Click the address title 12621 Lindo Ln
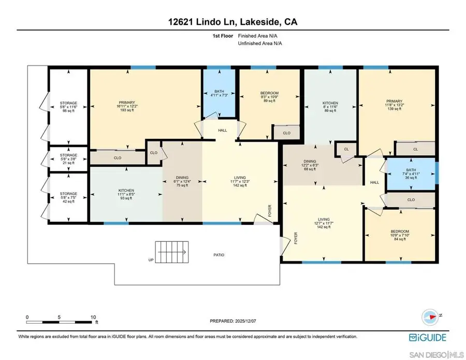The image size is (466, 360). point(232,22)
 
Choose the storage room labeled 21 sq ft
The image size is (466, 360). point(68,159)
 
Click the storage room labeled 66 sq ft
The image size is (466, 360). point(68,107)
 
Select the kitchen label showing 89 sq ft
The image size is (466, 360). point(330,106)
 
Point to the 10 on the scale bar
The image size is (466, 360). point(93,316)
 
